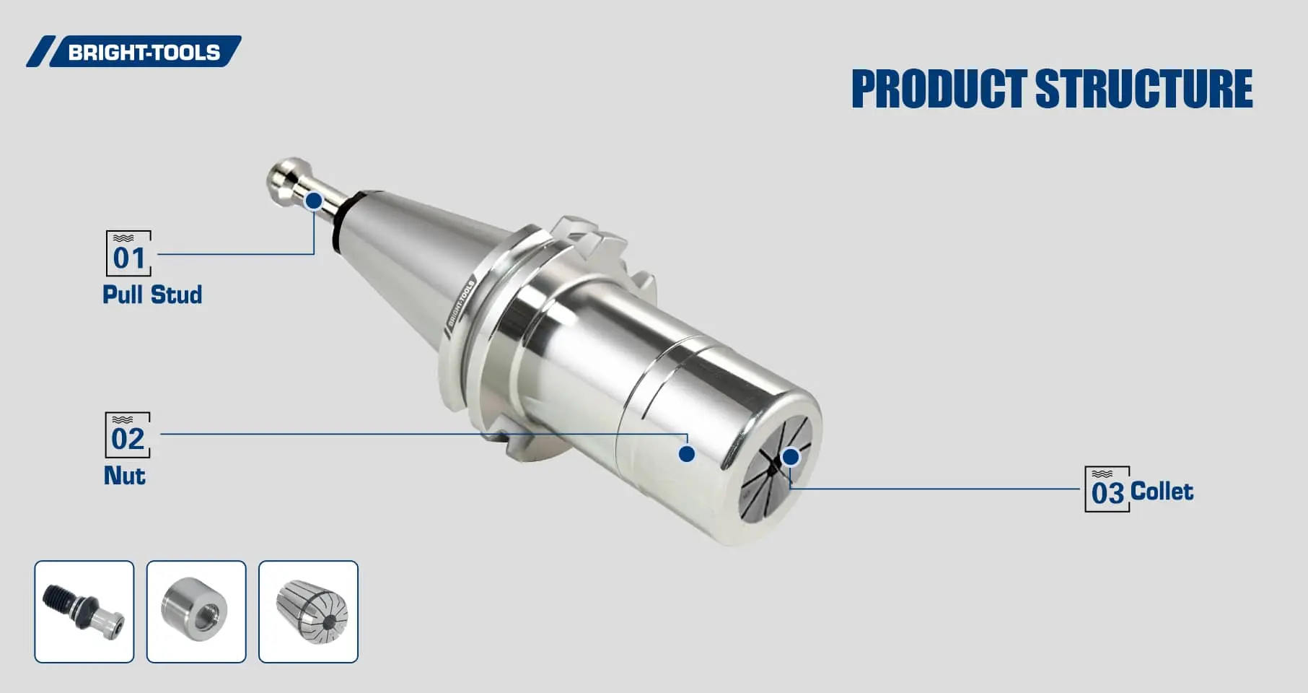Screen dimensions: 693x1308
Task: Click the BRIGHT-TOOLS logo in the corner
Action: click(x=134, y=52)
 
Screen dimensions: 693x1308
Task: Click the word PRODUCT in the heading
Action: click(x=939, y=90)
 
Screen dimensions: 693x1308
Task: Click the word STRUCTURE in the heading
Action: click(x=1144, y=90)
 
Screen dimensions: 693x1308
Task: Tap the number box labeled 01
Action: click(x=128, y=253)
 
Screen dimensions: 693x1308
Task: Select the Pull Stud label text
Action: click(x=152, y=295)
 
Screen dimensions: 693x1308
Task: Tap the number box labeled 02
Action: click(x=128, y=435)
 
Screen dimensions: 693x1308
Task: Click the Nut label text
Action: click(x=124, y=476)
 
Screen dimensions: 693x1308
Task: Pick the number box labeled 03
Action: click(x=1107, y=489)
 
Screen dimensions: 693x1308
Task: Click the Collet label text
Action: click(x=1162, y=492)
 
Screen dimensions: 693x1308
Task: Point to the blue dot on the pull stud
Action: click(x=314, y=201)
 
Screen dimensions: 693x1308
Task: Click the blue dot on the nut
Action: click(x=687, y=454)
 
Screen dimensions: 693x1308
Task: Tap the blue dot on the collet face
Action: click(x=791, y=457)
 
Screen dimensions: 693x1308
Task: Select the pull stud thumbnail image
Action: click(x=84, y=611)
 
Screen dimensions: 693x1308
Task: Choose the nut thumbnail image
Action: click(x=196, y=611)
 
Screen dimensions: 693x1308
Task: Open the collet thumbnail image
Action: click(x=308, y=611)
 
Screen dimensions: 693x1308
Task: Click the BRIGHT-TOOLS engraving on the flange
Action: click(x=460, y=304)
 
